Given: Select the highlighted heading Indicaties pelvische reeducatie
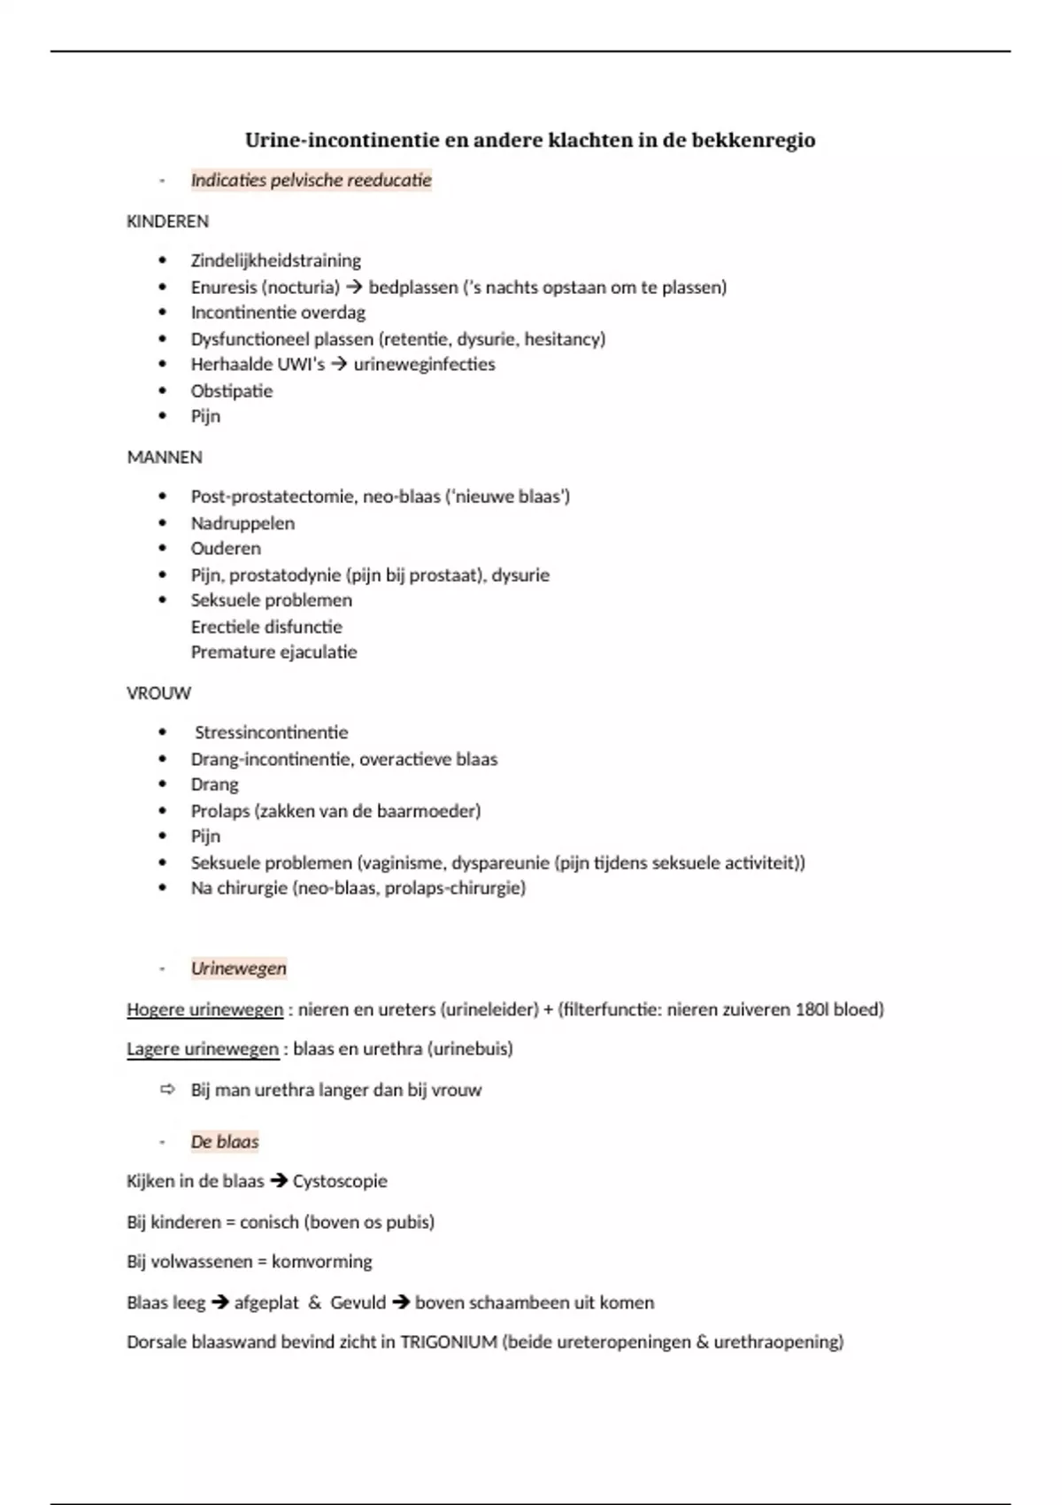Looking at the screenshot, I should point(311,181).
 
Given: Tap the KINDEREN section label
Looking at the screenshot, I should point(167,221).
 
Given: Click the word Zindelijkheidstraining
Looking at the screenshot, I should point(275,260).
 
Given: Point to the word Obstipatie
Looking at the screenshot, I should point(231,390).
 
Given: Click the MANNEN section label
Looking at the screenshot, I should point(165,457).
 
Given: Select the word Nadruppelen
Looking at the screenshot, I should point(242,523).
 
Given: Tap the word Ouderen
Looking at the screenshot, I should point(226,549).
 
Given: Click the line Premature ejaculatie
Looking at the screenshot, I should point(273,652).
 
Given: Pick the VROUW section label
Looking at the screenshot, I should point(158,693).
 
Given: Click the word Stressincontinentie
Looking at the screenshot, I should point(271,733).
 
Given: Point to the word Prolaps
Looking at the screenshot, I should point(220,811).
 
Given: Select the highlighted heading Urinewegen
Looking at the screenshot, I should point(238,969).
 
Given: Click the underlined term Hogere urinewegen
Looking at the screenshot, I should point(204,1009).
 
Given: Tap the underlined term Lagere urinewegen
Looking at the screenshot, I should point(202,1049).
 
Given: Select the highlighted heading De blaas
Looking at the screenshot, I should point(225,1142).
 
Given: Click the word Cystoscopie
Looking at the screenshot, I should point(340,1181).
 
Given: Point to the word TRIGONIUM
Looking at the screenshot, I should point(448,1342).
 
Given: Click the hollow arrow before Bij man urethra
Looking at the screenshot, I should point(167,1090).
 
